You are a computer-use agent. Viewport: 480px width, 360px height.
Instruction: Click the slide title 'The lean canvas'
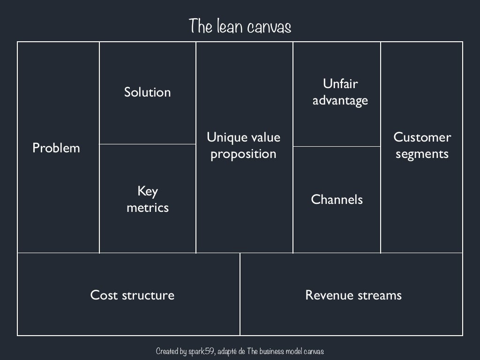click(240, 26)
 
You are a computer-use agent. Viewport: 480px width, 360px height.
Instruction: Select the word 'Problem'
click(56, 148)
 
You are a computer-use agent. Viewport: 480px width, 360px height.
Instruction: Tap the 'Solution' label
click(147, 92)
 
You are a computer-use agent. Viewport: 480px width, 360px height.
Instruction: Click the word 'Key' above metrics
click(147, 191)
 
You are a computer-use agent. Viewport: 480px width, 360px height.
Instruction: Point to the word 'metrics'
click(147, 208)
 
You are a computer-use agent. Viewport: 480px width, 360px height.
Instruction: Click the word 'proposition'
click(243, 154)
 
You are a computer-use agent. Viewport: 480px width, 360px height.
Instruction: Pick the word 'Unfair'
click(340, 84)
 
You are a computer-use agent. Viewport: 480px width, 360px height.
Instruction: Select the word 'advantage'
click(340, 101)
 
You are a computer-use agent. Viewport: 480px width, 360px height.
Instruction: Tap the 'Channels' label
click(337, 200)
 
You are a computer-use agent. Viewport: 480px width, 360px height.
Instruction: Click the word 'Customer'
click(422, 137)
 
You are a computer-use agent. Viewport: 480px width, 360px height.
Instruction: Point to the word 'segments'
click(422, 154)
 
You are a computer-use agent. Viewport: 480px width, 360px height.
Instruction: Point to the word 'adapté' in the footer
click(228, 351)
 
